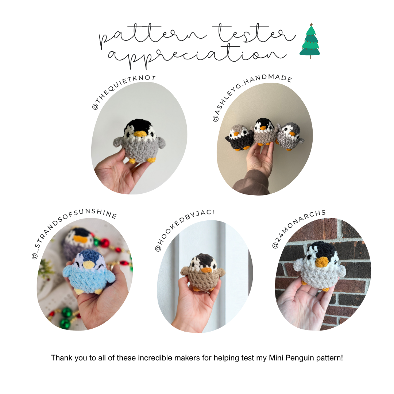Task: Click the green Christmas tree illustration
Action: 310,42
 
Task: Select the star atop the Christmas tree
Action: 311,25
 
